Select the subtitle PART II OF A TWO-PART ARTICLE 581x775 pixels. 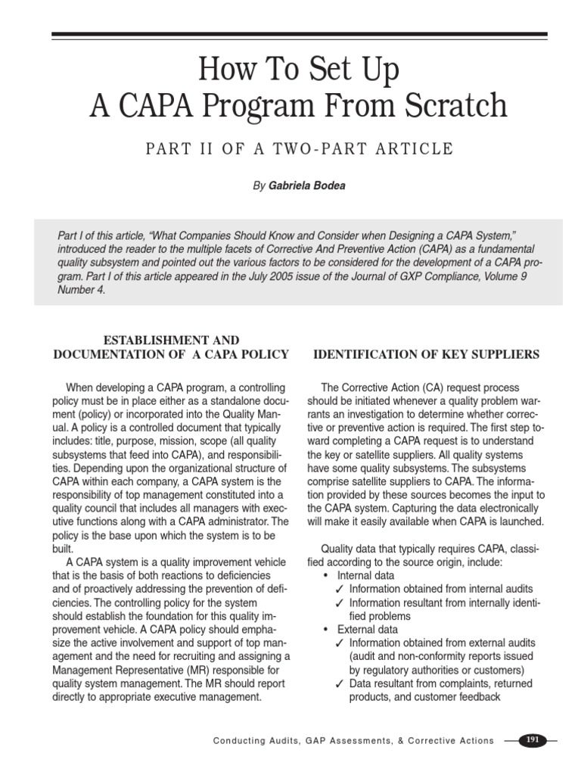click(x=300, y=148)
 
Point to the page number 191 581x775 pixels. click(x=533, y=740)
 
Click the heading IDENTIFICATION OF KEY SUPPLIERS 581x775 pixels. click(x=427, y=354)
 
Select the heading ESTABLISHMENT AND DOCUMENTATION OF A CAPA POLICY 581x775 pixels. click(x=171, y=347)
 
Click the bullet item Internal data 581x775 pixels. click(x=368, y=575)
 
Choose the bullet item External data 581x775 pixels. click(x=368, y=629)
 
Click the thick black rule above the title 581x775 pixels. click(x=300, y=34)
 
